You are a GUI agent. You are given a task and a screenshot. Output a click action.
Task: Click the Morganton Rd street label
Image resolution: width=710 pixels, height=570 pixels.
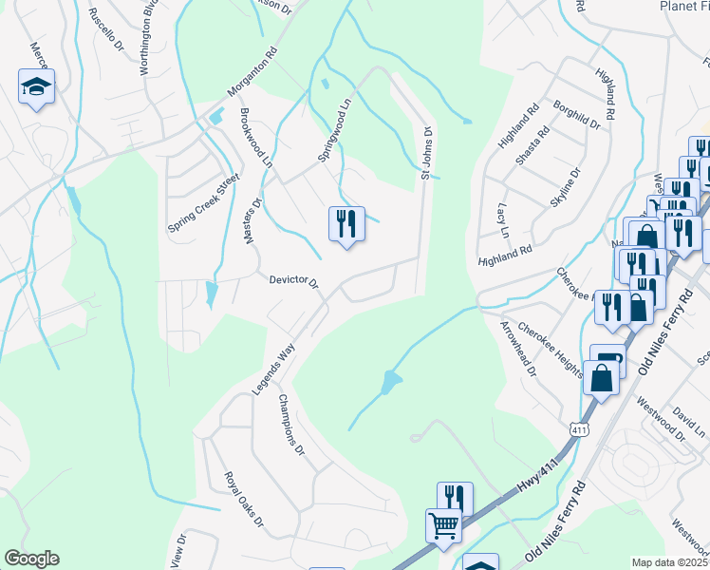252,73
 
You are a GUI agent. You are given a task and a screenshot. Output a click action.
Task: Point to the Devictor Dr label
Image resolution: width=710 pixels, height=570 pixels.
293,281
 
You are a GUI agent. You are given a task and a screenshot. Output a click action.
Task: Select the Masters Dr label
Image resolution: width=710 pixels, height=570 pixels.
253,219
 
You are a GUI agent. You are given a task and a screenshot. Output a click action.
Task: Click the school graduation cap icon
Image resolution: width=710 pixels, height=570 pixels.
36,87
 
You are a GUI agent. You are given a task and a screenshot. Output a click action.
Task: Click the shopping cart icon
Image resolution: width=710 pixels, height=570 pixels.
443,525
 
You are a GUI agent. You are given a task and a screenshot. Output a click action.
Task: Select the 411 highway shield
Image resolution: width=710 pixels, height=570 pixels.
577,429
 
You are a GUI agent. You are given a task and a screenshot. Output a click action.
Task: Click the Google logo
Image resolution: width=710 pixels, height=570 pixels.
31,559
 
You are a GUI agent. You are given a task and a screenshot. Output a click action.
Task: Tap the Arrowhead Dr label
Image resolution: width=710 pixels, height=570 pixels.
518,348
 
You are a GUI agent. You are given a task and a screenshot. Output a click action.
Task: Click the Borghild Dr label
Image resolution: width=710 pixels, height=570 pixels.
577,116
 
